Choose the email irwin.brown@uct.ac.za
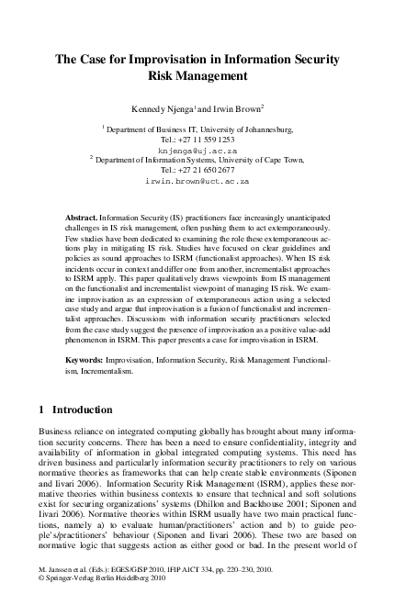click(197, 182)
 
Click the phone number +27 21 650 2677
click(197, 170)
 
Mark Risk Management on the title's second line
click(197, 77)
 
